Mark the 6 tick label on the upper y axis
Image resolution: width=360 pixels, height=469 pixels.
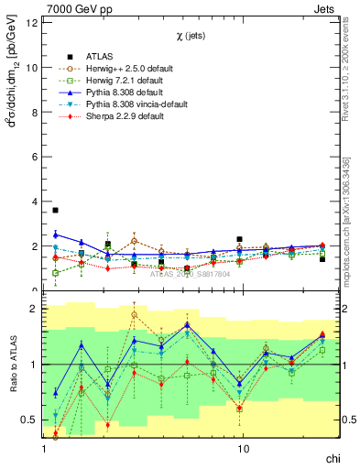(35, 158)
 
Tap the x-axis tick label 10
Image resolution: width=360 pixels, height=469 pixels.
(243, 450)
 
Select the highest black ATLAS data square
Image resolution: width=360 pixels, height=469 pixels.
(55, 211)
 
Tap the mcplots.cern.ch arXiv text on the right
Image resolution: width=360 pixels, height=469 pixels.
(345, 220)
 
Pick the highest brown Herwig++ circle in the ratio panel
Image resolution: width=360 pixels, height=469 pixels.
(134, 314)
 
